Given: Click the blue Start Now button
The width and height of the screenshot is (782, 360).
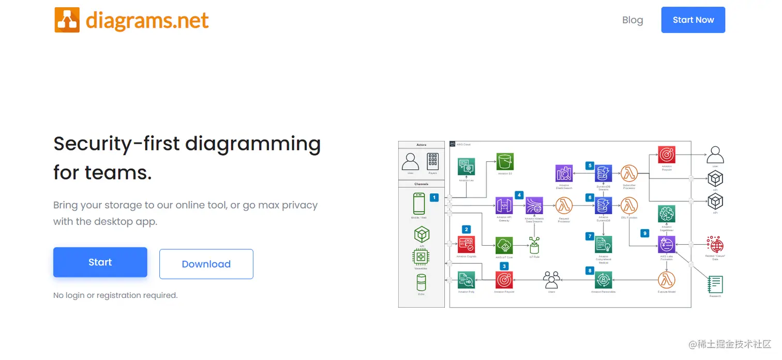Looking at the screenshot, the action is click(x=693, y=20).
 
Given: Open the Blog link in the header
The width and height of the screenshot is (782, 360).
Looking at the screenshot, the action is click(x=632, y=20).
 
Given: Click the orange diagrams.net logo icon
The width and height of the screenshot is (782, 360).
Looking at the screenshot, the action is click(x=67, y=20).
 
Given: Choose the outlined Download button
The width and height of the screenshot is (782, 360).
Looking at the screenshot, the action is click(x=206, y=264).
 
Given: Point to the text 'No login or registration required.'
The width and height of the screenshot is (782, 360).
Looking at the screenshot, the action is click(x=115, y=295).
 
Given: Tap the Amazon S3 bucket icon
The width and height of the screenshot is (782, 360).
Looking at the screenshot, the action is click(x=505, y=162).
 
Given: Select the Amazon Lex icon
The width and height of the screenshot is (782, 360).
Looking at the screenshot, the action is click(x=467, y=167).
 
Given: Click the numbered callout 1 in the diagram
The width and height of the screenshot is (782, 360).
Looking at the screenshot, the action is click(x=434, y=197).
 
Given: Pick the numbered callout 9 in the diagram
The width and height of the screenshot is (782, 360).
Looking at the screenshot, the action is click(x=644, y=233).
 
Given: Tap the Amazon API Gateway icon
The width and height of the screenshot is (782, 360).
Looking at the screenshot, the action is click(x=504, y=205).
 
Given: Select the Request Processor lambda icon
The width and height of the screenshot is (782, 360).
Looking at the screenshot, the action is click(x=564, y=205).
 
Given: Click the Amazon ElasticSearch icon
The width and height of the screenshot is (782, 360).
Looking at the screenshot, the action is click(x=564, y=173).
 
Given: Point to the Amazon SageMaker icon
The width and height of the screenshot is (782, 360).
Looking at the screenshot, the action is click(x=667, y=214).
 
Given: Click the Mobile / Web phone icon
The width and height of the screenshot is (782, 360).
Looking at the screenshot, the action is click(x=419, y=203).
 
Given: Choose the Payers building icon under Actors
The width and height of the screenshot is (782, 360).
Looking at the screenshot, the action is click(x=433, y=162).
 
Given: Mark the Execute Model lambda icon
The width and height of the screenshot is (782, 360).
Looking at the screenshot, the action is click(x=667, y=280).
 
